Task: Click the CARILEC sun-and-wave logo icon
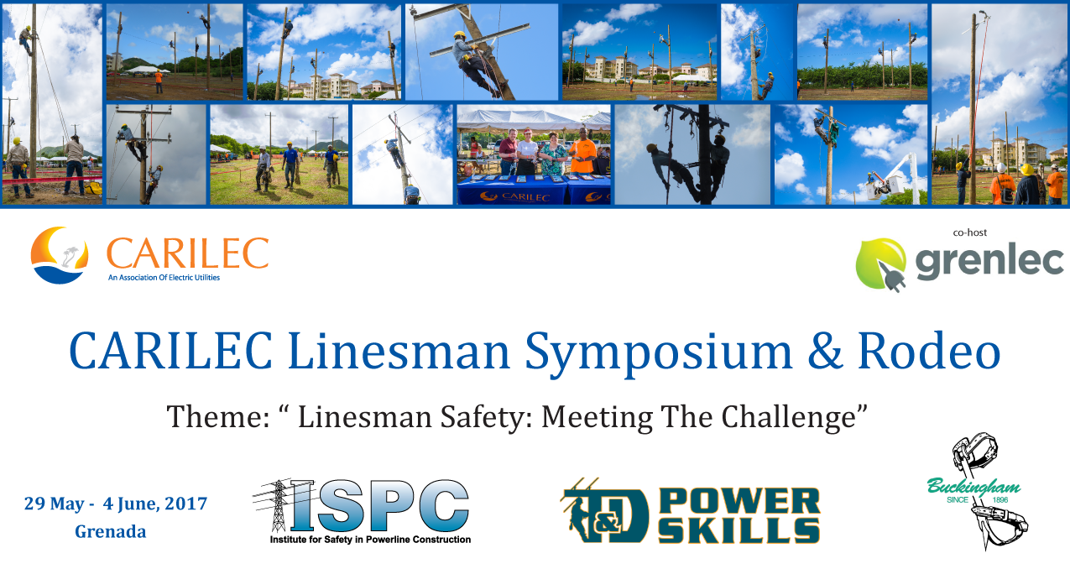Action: (60, 255)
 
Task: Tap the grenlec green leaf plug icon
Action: (881, 264)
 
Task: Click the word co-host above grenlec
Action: (969, 232)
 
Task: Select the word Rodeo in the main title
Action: (929, 351)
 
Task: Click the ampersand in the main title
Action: (825, 351)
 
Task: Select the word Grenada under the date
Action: (110, 531)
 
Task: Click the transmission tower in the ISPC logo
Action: (278, 505)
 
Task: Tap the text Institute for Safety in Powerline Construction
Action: (370, 540)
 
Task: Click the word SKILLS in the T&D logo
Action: (739, 530)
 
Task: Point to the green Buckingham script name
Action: (973, 487)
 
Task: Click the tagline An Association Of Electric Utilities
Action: (164, 278)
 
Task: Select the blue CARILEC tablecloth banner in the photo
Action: (534, 191)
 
